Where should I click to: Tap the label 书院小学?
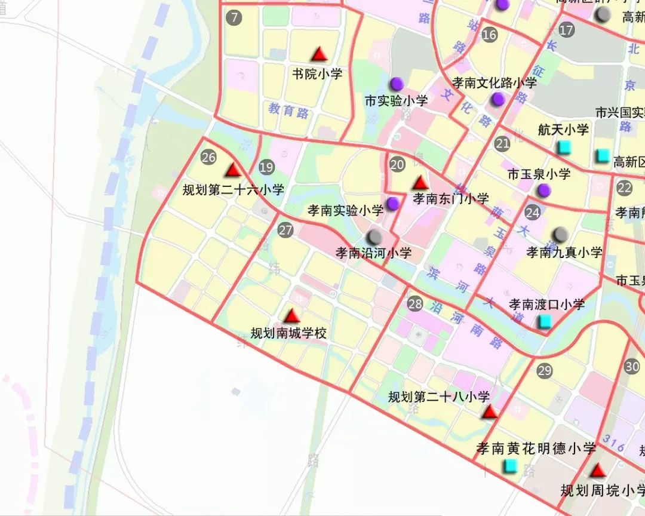317,74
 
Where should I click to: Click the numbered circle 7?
234,17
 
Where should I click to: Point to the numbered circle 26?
208,157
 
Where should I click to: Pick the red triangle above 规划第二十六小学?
234,170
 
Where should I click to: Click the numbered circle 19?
266,168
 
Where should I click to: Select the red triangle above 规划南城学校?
291,316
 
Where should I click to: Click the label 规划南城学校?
288,333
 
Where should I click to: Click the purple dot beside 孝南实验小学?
393,204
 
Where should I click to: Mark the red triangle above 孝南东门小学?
420,182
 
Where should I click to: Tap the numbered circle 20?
397,165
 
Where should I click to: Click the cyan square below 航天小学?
563,147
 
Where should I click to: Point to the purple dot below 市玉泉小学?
543,191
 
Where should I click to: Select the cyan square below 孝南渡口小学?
545,321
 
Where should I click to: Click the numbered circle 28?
415,303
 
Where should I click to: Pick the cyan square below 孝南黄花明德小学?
509,466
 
